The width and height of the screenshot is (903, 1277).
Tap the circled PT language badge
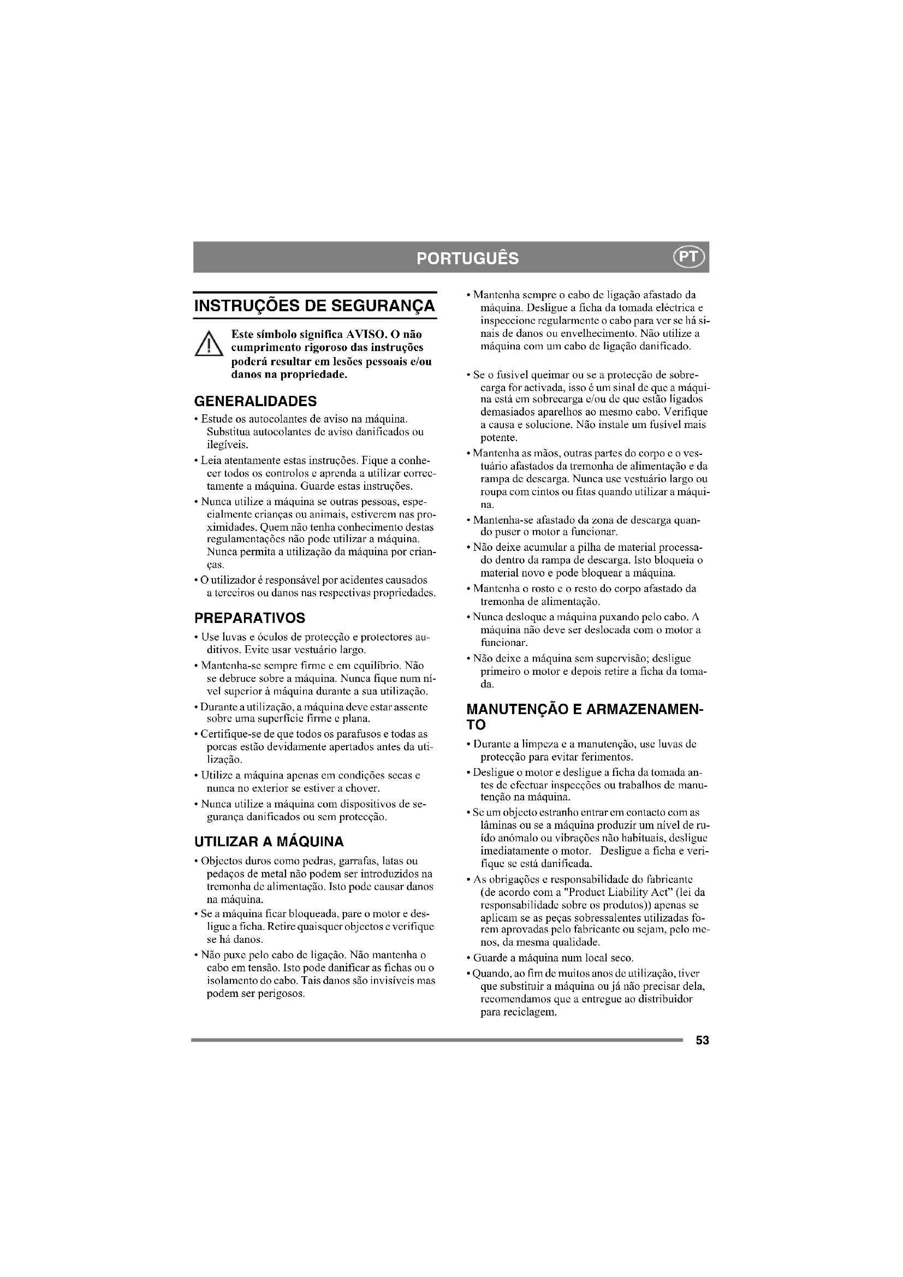pos(689,257)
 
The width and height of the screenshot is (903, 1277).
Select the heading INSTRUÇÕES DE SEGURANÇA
pos(314,306)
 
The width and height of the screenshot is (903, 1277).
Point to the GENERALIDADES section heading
pos(255,401)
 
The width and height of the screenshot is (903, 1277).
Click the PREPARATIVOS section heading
pos(249,618)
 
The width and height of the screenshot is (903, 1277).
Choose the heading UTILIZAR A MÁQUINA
pos(269,841)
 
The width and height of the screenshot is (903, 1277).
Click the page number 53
pos(702,1041)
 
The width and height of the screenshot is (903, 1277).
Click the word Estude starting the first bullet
pos(215,418)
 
